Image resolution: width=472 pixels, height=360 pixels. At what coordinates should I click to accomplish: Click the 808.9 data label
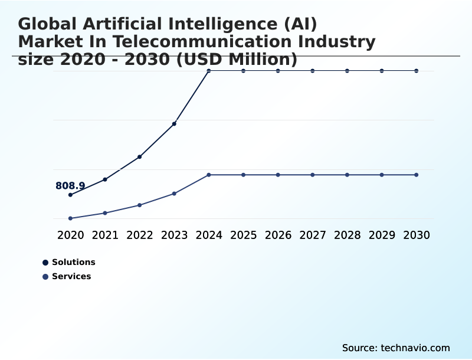point(70,186)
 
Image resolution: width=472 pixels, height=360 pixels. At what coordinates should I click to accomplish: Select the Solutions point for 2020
point(70,195)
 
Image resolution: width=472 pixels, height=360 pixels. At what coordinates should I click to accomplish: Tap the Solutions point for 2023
point(174,124)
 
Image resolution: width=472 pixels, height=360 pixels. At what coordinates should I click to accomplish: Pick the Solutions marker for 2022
point(140,157)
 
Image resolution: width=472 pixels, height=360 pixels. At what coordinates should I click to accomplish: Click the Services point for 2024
point(209,175)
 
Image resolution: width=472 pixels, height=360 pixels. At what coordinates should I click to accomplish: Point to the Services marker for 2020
point(70,218)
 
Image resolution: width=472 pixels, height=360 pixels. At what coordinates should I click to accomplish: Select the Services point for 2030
point(417,175)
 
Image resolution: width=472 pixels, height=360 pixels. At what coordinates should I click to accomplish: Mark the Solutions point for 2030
point(417,71)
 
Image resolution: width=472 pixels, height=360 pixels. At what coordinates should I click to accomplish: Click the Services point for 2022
point(140,205)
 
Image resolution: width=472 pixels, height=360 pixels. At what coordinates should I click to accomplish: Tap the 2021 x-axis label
point(105,235)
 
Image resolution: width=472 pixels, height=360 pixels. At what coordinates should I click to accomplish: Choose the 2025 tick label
point(243,235)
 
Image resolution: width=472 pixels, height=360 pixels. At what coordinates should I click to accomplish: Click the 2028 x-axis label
point(347,235)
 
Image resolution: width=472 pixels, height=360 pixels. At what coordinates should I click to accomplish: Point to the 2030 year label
point(417,235)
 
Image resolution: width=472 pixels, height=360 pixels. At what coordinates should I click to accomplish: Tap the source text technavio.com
point(415,348)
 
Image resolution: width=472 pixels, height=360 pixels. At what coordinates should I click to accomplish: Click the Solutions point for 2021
point(105,179)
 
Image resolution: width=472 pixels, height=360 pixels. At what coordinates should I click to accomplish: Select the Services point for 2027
point(313,175)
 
